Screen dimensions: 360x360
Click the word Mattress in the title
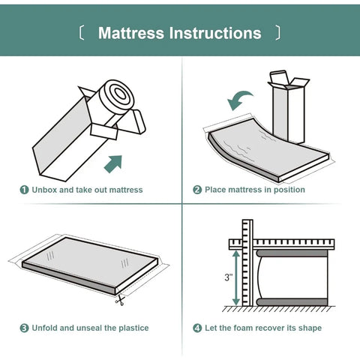pyautogui.click(x=131, y=33)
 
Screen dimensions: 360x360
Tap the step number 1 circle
pyautogui.click(x=24, y=190)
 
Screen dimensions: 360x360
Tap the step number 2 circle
pyautogui.click(x=197, y=190)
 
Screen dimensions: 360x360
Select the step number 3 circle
pyautogui.click(x=24, y=328)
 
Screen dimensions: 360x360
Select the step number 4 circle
pyautogui.click(x=197, y=328)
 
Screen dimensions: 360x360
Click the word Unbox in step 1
pyautogui.click(x=44, y=190)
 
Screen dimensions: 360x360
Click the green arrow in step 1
pyautogui.click(x=112, y=162)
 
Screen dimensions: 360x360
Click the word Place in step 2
pyautogui.click(x=217, y=190)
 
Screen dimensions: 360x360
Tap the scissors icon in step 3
pyautogui.click(x=119, y=301)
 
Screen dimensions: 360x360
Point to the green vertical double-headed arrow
pyautogui.click(x=237, y=278)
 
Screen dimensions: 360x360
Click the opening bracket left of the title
pyautogui.click(x=81, y=33)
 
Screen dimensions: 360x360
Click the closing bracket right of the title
pyautogui.click(x=278, y=33)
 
